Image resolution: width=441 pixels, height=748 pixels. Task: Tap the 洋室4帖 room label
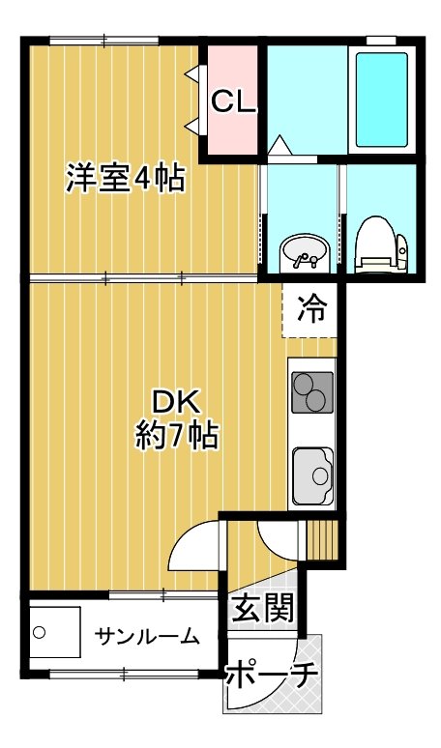[125, 178]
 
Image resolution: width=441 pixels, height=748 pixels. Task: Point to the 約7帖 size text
[177, 435]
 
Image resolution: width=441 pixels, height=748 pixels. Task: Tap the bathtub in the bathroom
[382, 100]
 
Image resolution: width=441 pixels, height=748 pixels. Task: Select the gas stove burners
[312, 392]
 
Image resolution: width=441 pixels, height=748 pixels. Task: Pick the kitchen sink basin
[312, 475]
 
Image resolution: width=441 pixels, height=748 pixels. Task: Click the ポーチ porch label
[271, 674]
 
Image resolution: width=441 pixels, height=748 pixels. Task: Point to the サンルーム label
[147, 636]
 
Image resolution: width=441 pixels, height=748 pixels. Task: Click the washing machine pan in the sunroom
[55, 632]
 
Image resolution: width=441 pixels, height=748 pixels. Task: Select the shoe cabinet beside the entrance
[322, 540]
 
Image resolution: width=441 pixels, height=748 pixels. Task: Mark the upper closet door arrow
[193, 73]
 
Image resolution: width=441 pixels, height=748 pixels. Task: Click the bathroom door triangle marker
[279, 145]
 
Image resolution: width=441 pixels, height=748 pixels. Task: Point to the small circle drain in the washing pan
[40, 633]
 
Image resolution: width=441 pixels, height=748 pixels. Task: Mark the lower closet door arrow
[193, 126]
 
